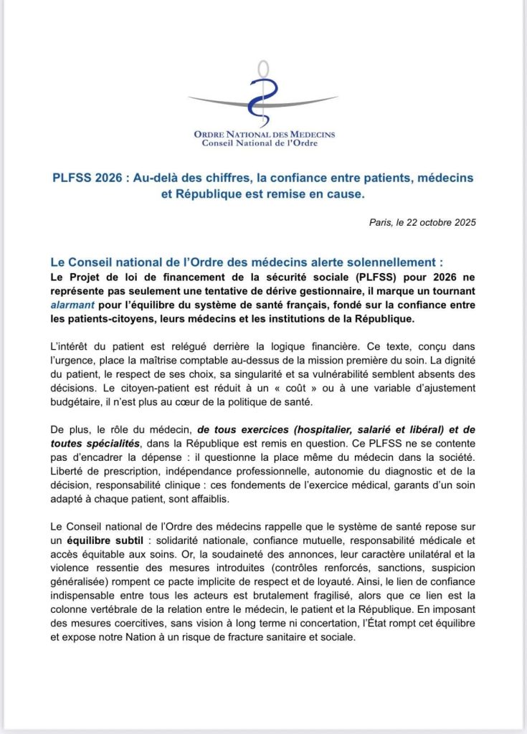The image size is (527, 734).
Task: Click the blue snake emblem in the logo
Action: click(x=262, y=97)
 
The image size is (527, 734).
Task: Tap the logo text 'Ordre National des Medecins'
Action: click(x=264, y=134)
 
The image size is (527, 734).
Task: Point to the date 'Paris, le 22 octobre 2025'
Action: click(x=421, y=221)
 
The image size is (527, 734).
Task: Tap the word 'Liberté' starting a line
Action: click(x=69, y=471)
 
